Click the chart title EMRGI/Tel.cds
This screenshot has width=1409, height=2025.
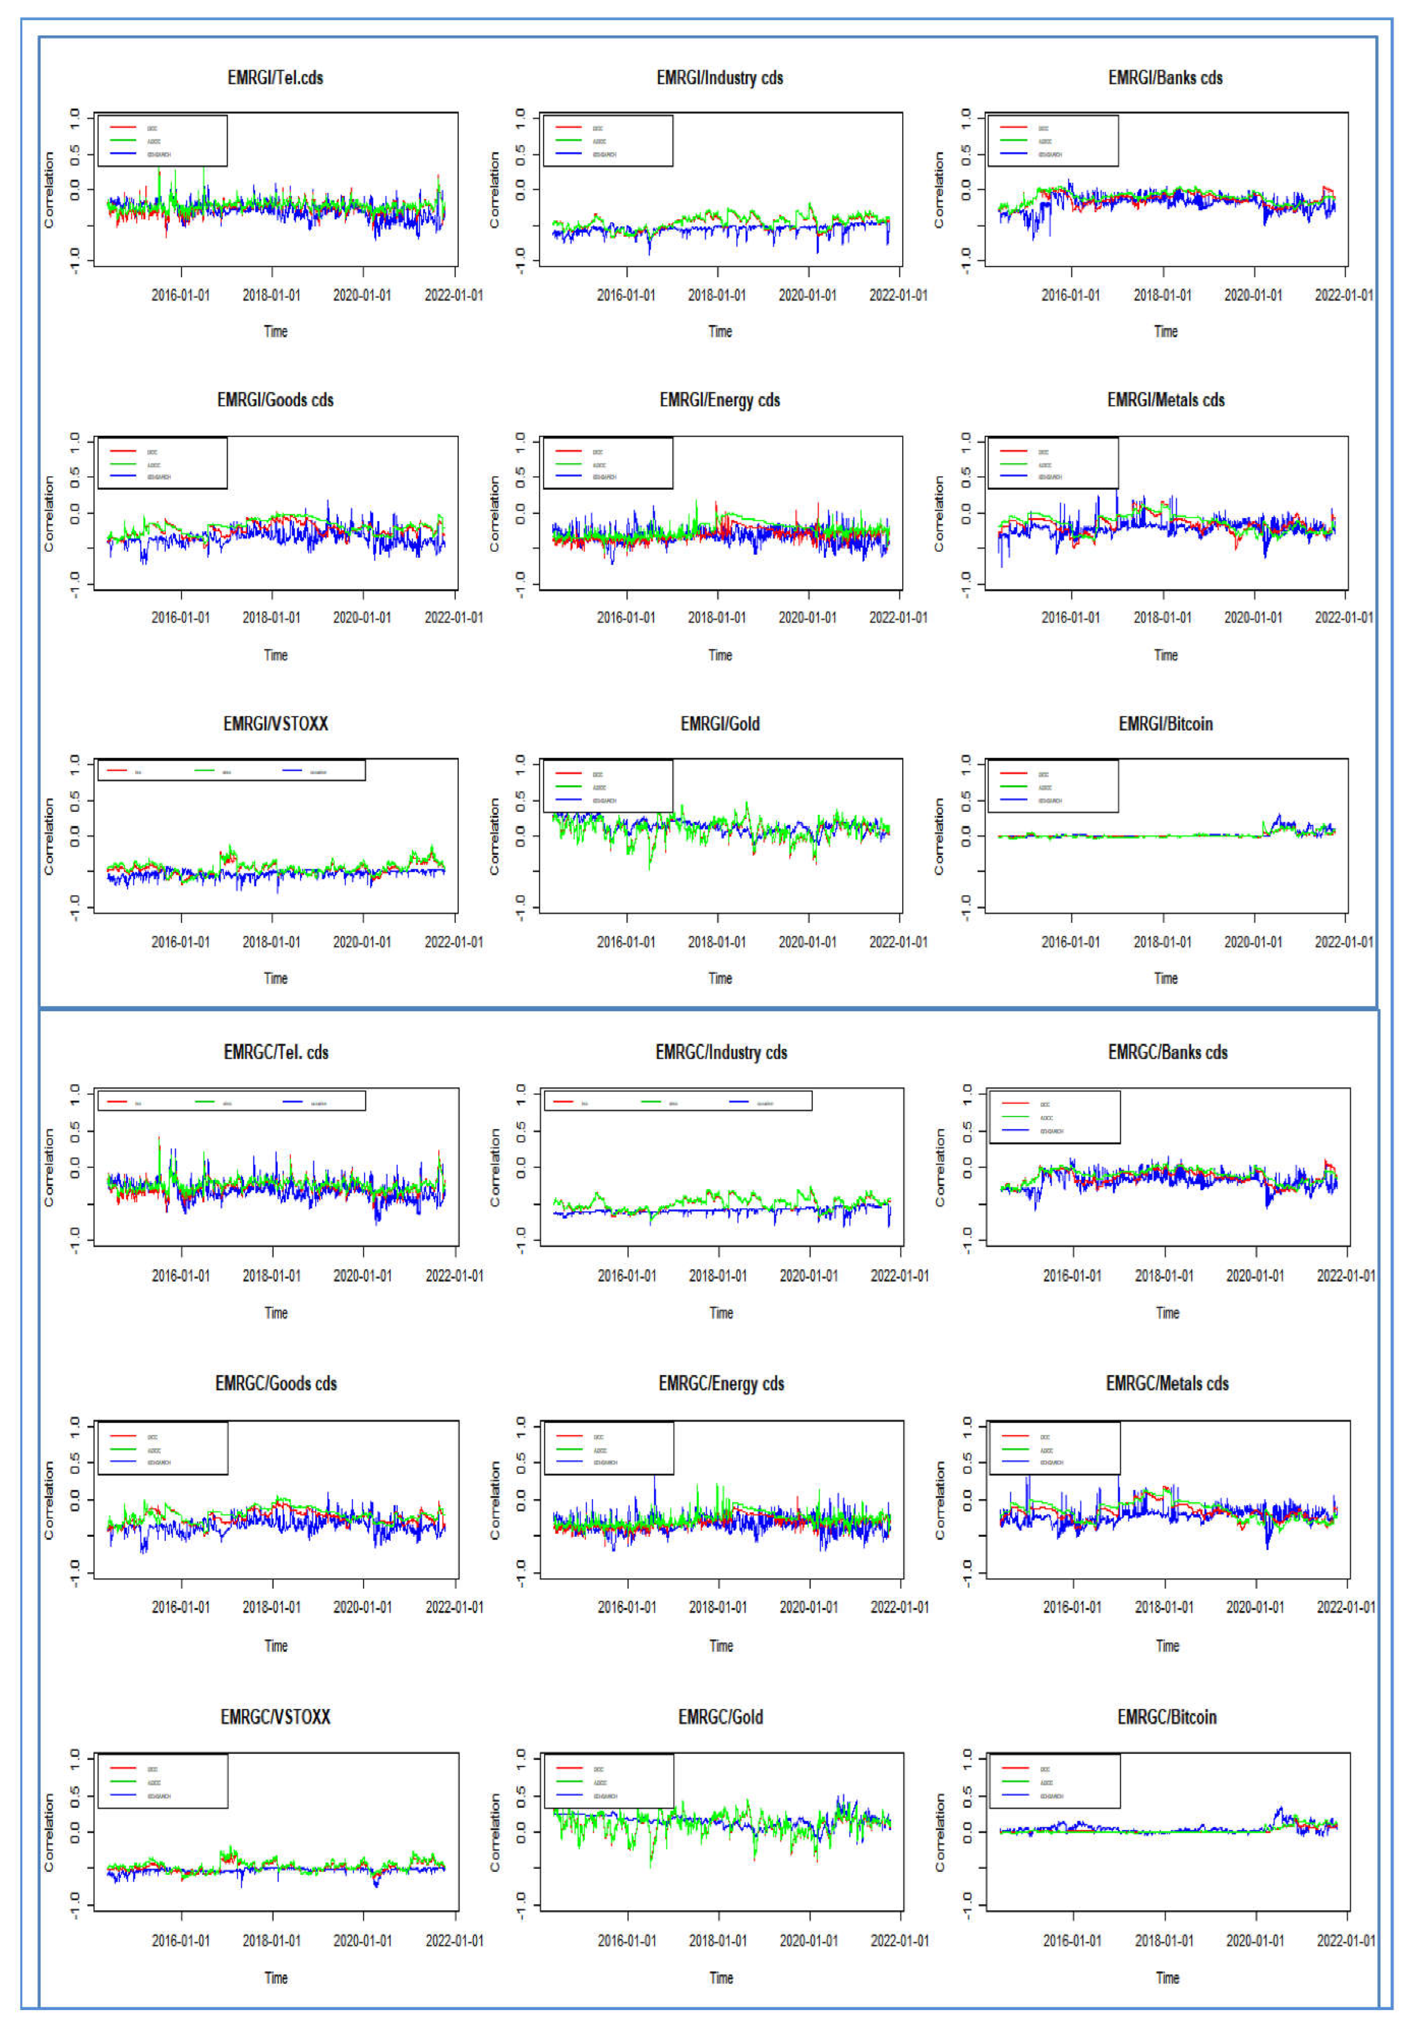pos(275,78)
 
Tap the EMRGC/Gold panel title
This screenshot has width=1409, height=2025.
pos(721,1717)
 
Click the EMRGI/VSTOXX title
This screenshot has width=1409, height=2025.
pos(275,724)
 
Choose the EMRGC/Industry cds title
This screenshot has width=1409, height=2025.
pos(721,1052)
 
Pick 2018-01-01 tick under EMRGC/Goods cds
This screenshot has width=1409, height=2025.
pos(272,1607)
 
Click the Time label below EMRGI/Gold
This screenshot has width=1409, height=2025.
pos(721,978)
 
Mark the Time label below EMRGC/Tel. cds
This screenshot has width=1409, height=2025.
pos(276,1313)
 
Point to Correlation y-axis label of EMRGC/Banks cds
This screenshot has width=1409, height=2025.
pos(940,1167)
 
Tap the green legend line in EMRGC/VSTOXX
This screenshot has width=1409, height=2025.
pos(123,1782)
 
